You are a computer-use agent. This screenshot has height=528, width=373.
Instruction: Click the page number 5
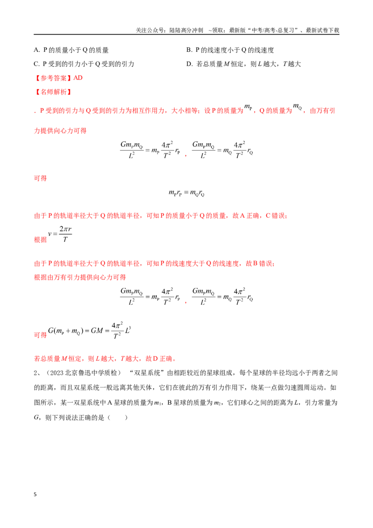click(35, 494)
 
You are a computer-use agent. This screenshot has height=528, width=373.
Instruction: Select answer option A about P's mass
click(71, 50)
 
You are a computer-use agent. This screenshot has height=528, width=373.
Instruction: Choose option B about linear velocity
click(230, 50)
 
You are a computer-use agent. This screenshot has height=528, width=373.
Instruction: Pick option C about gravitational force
click(84, 64)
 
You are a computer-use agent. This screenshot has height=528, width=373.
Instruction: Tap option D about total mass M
click(244, 64)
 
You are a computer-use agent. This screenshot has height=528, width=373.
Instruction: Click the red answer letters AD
click(78, 78)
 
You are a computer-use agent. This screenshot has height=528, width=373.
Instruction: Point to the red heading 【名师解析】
click(54, 92)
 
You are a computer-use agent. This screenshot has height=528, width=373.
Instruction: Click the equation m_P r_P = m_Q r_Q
click(186, 193)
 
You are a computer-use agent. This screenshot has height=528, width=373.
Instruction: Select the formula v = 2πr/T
click(60, 234)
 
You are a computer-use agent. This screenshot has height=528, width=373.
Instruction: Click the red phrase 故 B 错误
click(260, 264)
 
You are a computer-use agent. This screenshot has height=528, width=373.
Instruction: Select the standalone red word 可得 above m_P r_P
click(41, 178)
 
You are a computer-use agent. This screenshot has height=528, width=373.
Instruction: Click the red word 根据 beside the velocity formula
click(41, 239)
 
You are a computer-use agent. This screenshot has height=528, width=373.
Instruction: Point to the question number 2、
click(37, 373)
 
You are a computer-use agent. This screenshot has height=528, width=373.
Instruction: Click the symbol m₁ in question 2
click(158, 403)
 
